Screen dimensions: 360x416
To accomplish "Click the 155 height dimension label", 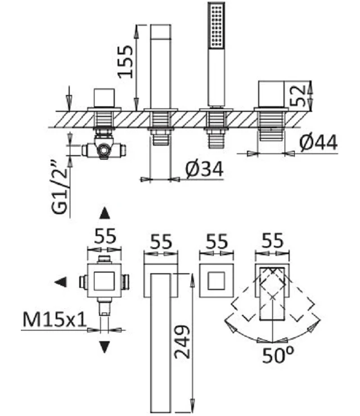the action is click(125, 61).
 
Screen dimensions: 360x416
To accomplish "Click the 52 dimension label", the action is click(297, 96).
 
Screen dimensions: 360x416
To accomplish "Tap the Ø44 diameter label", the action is click(318, 142).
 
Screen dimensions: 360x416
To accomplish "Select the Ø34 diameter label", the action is click(204, 169).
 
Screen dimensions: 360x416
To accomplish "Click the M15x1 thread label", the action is click(55, 319).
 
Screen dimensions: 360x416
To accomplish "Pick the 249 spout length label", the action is click(182, 342).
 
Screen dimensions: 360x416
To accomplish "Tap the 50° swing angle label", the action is click(278, 355).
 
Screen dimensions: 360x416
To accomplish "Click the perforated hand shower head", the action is click(217, 25).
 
